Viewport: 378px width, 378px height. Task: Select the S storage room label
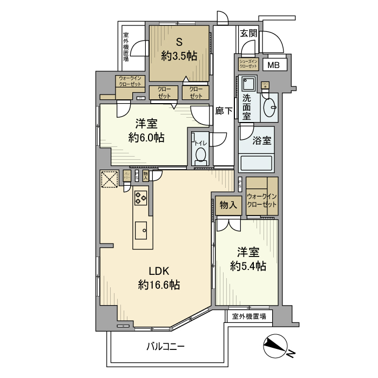point(178,42)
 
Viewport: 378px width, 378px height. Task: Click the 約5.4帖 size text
point(248,266)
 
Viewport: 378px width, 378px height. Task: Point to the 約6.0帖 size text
point(146,137)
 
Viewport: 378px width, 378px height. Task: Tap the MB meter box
point(274,65)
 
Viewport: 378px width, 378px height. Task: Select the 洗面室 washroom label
point(246,106)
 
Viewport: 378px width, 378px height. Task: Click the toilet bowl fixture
point(200,156)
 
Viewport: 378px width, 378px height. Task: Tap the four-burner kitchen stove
point(141,198)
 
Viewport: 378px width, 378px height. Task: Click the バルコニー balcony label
point(166,346)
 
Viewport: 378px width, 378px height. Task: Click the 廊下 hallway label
point(224,111)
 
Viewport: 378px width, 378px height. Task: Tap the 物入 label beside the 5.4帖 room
point(228,205)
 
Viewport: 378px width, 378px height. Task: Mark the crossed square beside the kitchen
point(110,179)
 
